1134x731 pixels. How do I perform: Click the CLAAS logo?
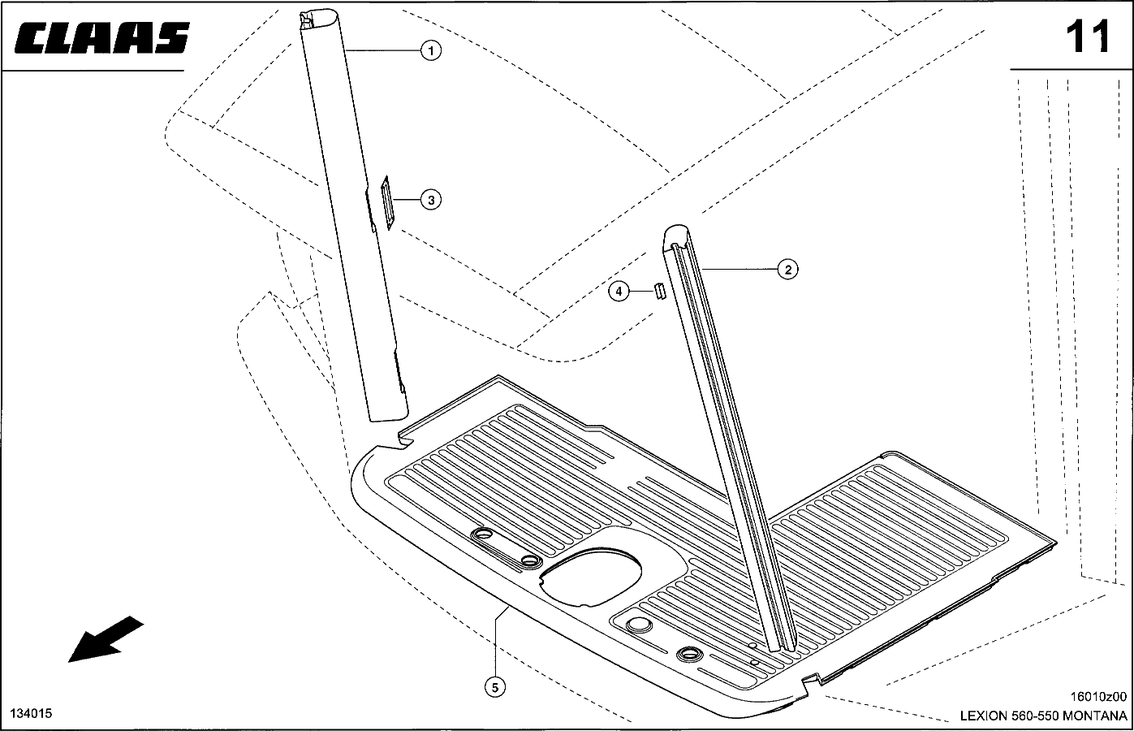pos(101,37)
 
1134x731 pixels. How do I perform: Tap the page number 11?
pos(1088,37)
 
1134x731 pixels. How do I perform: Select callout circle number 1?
pos(431,50)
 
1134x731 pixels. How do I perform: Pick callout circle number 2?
pos(787,270)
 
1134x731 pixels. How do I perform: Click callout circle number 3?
pos(431,200)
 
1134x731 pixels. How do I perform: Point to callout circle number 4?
pos(619,292)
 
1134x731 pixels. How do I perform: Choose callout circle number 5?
pos(494,687)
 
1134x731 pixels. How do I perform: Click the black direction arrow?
pos(106,639)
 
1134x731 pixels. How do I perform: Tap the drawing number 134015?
pos(31,713)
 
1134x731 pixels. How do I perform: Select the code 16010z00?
pos(1098,697)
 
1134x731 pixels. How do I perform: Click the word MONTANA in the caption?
pos(1094,716)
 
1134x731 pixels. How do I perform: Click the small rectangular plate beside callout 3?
pos(388,202)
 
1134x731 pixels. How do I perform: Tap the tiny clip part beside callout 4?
pos(659,292)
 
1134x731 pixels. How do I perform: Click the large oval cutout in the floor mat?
pos(590,577)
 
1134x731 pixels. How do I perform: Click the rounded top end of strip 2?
pos(676,233)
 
